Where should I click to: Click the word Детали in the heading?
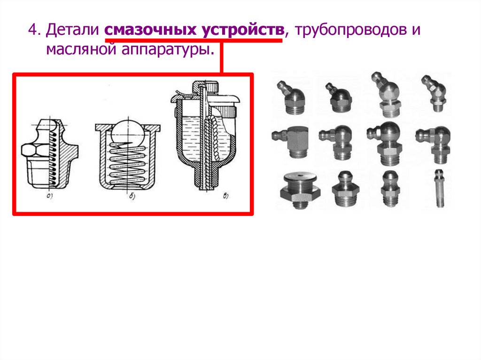(x=72, y=30)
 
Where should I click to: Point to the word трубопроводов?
(x=349, y=31)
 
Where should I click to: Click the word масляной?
(x=81, y=49)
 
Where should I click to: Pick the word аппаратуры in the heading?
(x=168, y=50)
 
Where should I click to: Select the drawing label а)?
(x=49, y=196)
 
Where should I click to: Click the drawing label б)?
(x=132, y=196)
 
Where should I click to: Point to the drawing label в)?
(x=225, y=196)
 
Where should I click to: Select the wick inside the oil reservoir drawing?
(x=211, y=138)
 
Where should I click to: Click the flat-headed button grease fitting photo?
(x=300, y=190)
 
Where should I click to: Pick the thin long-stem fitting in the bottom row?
(x=439, y=188)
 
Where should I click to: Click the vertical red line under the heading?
(x=222, y=57)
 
